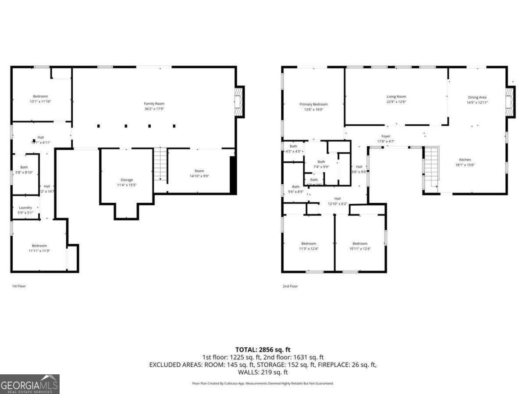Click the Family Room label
coord(154,104)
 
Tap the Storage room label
coord(127,180)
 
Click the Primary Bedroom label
coord(313,104)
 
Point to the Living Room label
coord(396,97)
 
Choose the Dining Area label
coord(477,97)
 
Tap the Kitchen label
coord(465,160)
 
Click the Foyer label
coord(386,136)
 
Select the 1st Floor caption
coord(18,286)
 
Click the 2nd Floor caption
coord(290,286)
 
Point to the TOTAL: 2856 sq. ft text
coord(263,350)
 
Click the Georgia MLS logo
coord(29,384)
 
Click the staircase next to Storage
coord(160,164)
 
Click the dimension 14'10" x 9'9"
coord(199,176)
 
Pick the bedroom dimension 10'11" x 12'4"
coord(360,249)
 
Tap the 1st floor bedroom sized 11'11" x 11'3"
coord(39,248)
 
